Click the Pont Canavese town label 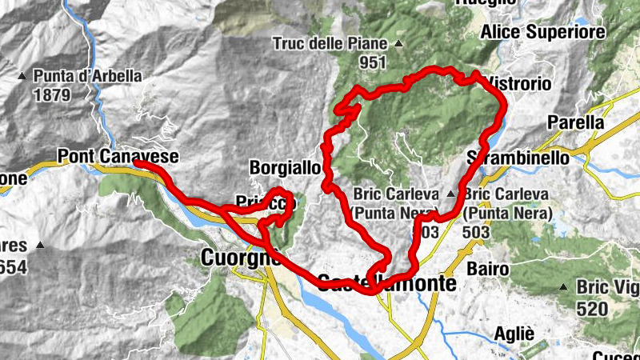pyautogui.click(x=117, y=156)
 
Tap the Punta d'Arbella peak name pyautogui.click(x=88, y=77)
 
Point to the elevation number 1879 pyautogui.click(x=53, y=94)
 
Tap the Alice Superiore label pyautogui.click(x=553, y=32)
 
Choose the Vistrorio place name pyautogui.click(x=519, y=83)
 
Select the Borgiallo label pyautogui.click(x=285, y=168)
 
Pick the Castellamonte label pyautogui.click(x=386, y=282)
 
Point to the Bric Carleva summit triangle pyautogui.click(x=451, y=194)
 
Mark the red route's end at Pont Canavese pyautogui.click(x=137, y=163)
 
